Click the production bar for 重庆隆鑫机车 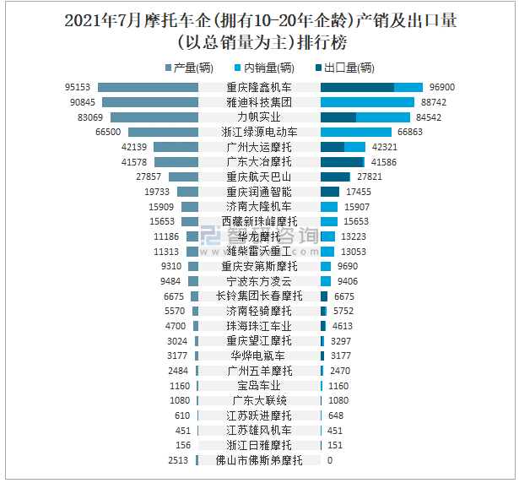148,87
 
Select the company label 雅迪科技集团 259,102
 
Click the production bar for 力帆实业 154,117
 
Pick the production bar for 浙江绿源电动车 163,133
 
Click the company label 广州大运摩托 259,147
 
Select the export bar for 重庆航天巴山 335,177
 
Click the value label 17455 359,192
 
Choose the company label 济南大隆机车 259,207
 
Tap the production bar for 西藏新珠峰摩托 190,222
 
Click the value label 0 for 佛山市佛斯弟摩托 330,460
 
